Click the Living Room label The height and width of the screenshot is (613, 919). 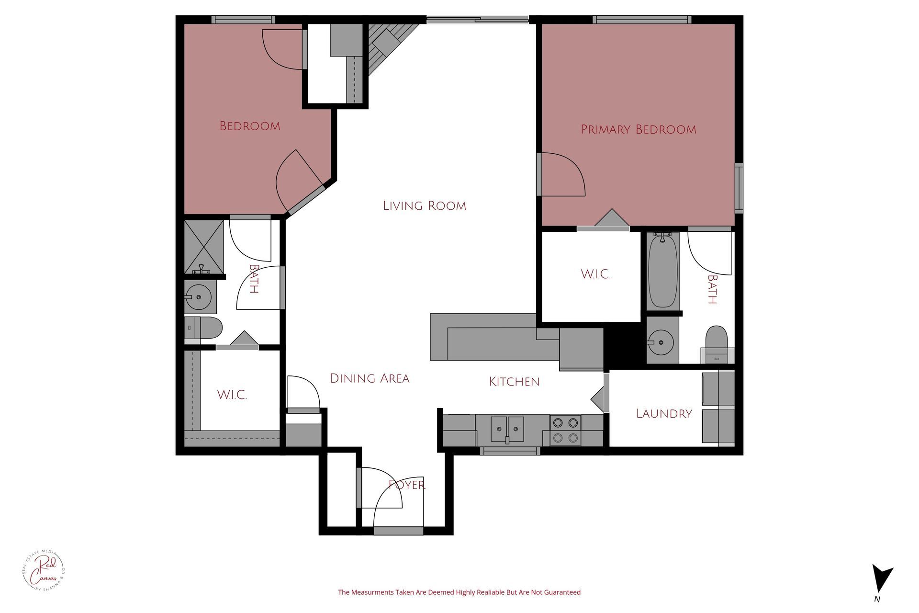pyautogui.click(x=425, y=206)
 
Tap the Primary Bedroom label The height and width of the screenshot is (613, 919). pyautogui.click(x=638, y=129)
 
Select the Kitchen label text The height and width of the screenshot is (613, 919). pyautogui.click(x=514, y=382)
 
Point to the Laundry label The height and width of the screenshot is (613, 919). pyautogui.click(x=664, y=414)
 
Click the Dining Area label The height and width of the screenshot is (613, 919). pyautogui.click(x=370, y=378)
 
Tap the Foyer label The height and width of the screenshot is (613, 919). pyautogui.click(x=407, y=485)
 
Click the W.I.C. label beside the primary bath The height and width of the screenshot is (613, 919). pyautogui.click(x=595, y=274)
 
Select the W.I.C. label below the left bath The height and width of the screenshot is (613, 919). pyautogui.click(x=232, y=395)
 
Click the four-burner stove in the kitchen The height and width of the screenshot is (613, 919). pyautogui.click(x=565, y=430)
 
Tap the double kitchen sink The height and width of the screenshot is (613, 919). pyautogui.click(x=507, y=428)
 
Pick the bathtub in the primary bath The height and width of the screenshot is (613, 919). pyautogui.click(x=663, y=271)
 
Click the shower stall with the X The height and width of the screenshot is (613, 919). pyautogui.click(x=204, y=246)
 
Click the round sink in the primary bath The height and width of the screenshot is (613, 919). pyautogui.click(x=661, y=342)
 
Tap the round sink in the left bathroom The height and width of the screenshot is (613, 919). pyautogui.click(x=198, y=297)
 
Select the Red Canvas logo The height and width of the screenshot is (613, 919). pyautogui.click(x=44, y=575)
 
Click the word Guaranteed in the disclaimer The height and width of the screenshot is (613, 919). pyautogui.click(x=561, y=592)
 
